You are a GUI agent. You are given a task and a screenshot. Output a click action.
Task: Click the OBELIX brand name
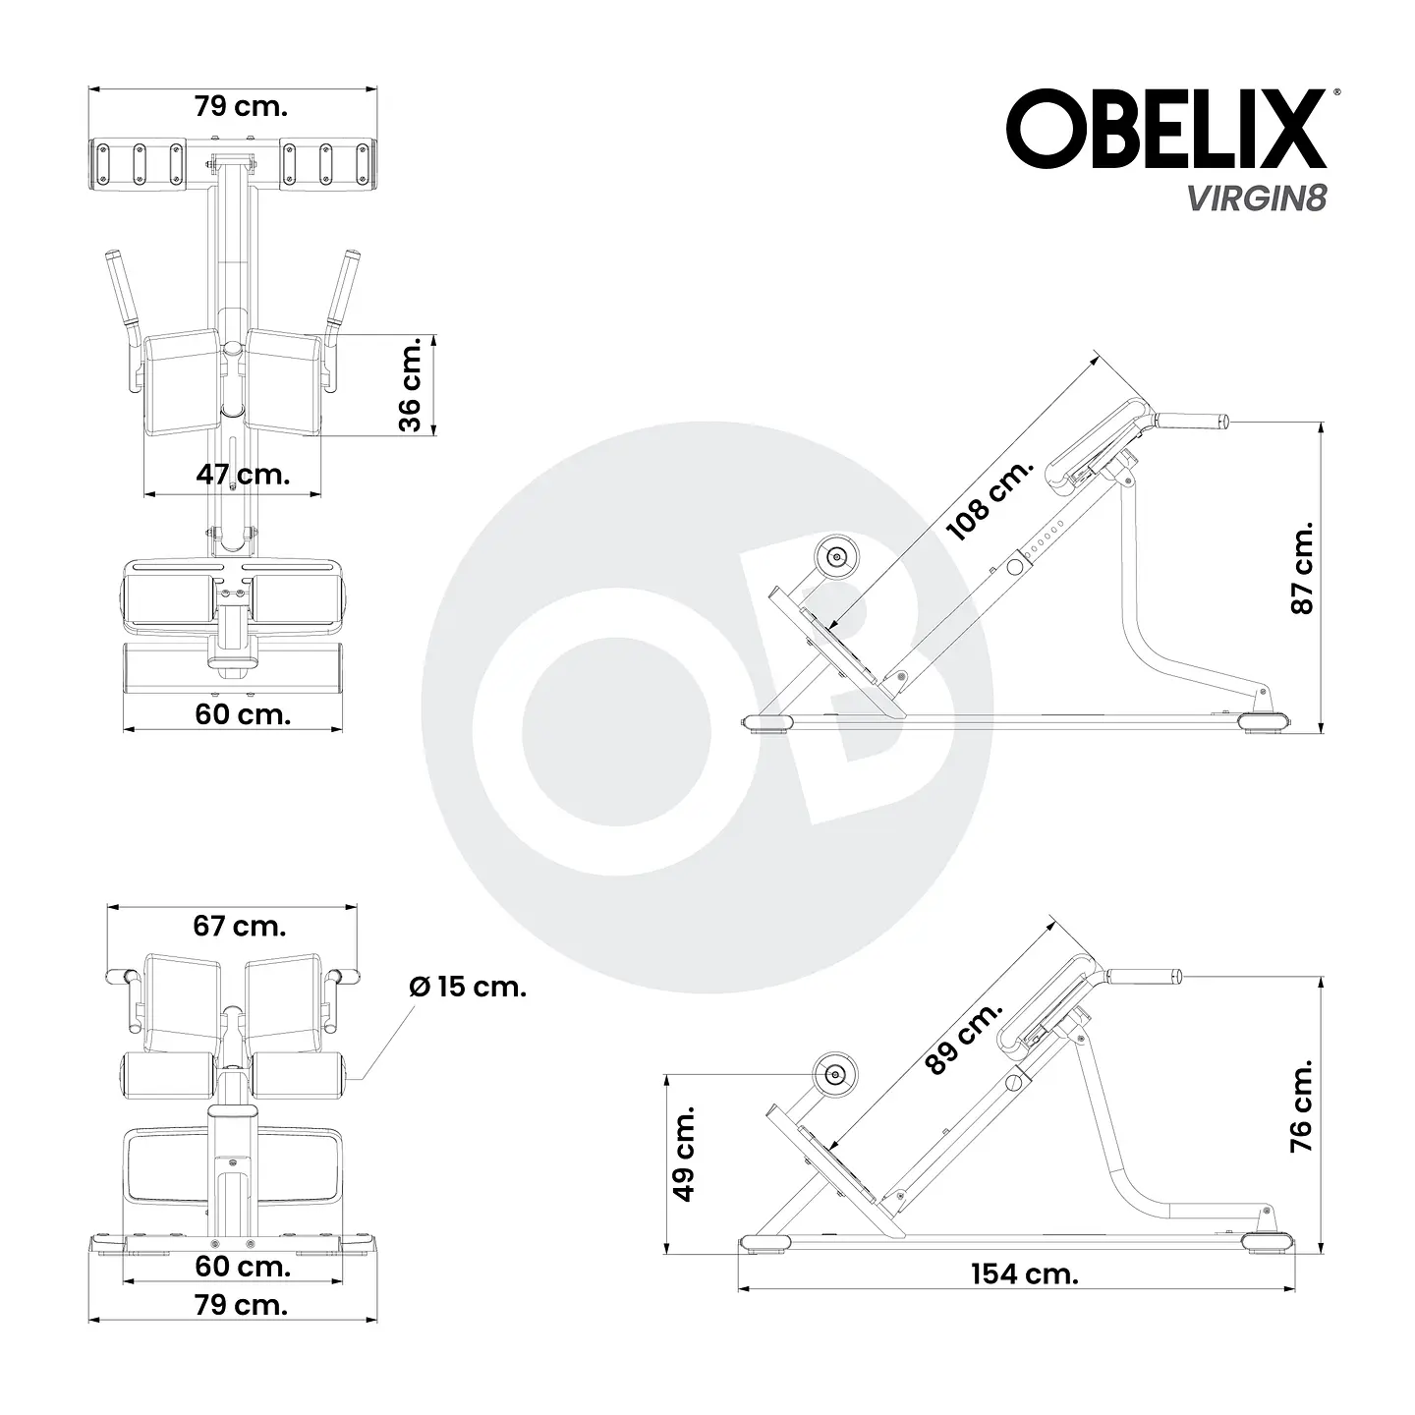(1165, 130)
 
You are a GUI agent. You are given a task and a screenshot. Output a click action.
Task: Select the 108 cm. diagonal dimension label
(990, 500)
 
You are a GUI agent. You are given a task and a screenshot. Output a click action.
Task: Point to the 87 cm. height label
(1302, 569)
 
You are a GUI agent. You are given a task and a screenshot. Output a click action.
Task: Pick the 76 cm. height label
(1302, 1106)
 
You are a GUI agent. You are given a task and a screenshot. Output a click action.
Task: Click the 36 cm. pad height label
(411, 384)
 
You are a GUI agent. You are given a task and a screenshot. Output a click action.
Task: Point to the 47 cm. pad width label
(243, 475)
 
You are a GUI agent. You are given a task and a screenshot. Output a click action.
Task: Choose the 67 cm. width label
(239, 926)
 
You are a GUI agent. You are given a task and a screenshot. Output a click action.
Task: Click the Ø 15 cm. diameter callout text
(468, 987)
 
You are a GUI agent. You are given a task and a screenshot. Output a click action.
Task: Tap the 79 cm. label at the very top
(240, 106)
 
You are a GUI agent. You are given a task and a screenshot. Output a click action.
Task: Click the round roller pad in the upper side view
(838, 557)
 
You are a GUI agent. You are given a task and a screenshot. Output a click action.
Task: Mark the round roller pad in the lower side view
(835, 1075)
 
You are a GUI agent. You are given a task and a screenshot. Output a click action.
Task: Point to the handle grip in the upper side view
(1193, 422)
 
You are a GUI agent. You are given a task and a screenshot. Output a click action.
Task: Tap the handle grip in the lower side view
(1144, 977)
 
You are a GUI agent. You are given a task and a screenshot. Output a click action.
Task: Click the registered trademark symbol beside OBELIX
(1333, 93)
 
